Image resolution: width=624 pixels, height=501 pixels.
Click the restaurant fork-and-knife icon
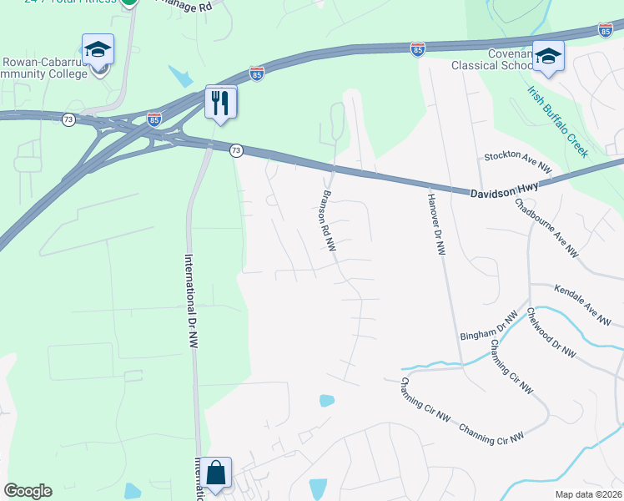coord(221,103)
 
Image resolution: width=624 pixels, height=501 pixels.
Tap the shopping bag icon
coord(215,473)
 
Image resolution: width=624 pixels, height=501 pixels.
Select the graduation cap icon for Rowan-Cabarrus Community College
coord(98,52)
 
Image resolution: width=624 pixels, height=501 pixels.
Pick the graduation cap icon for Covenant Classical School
coord(548,57)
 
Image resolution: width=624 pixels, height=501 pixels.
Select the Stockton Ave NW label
coord(519,162)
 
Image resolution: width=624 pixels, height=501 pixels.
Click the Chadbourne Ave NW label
coord(546,226)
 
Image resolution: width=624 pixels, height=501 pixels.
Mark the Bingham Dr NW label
coord(489,323)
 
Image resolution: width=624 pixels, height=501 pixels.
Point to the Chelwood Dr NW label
coord(551,333)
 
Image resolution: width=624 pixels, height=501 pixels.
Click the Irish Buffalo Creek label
coord(557,121)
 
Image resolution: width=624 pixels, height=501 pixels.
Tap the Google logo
coord(28,491)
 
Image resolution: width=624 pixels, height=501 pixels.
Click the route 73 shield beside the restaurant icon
coord(237,150)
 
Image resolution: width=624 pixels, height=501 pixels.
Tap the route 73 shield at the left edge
coord(68,120)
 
